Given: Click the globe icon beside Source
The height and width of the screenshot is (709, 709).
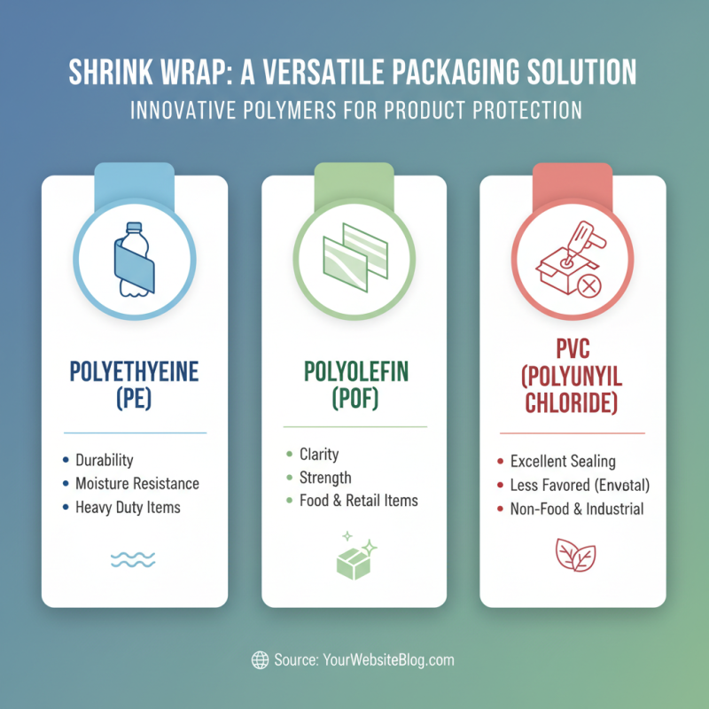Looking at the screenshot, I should tap(261, 659).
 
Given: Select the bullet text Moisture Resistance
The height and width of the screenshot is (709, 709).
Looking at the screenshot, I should tap(137, 484).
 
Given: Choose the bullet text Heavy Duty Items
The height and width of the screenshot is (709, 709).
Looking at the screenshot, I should tap(128, 508).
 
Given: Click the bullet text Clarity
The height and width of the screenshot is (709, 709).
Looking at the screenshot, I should tap(318, 454).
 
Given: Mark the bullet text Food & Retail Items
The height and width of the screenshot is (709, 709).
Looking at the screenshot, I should tap(358, 501).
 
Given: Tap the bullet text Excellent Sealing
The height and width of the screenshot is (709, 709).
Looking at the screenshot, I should tap(563, 462).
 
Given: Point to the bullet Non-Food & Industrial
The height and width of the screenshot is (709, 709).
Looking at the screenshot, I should tap(577, 509).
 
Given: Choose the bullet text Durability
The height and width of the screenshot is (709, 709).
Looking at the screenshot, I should tap(104, 460).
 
